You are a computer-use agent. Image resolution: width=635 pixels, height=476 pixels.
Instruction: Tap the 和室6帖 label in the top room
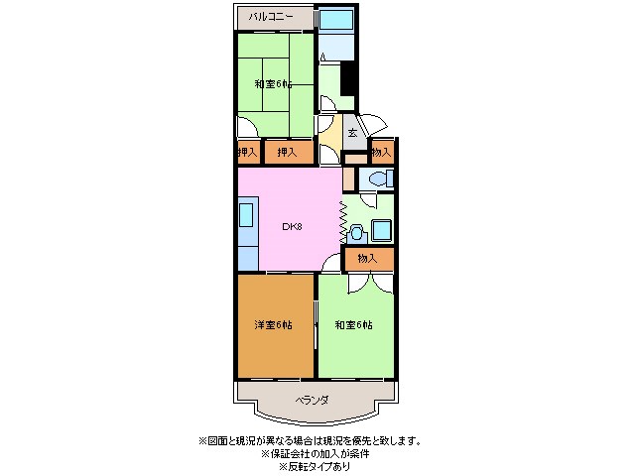(x=272, y=84)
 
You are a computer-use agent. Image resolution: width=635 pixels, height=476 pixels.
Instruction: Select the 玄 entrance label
(x=352, y=132)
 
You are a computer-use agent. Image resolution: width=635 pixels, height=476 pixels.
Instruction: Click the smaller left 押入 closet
(x=248, y=152)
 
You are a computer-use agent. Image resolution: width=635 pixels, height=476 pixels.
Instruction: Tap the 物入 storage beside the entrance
(x=381, y=152)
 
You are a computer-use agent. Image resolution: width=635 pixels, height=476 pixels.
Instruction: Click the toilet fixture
(x=377, y=179)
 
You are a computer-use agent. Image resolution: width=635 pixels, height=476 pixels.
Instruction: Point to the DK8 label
(x=292, y=226)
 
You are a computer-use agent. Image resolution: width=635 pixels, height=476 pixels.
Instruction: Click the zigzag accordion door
(x=342, y=221)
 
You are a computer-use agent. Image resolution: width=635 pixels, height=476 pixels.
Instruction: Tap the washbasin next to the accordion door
(x=357, y=232)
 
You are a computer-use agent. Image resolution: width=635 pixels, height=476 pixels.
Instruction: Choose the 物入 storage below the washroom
(x=368, y=258)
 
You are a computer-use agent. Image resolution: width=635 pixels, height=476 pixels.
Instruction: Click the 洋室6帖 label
(x=274, y=325)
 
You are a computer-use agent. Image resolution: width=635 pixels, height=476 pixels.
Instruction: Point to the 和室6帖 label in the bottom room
(x=352, y=325)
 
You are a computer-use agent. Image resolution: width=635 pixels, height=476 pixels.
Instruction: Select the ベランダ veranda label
(x=313, y=400)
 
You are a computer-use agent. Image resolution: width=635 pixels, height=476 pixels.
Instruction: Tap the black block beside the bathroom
(x=347, y=78)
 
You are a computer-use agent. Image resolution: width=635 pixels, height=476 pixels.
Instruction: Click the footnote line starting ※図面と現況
(x=309, y=440)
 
